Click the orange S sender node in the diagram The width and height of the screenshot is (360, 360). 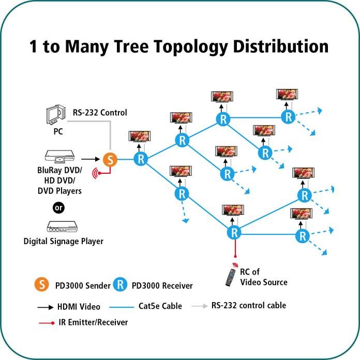click(x=110, y=159)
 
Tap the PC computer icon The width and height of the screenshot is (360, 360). click(x=56, y=114)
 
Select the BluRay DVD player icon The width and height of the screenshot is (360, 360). click(x=59, y=157)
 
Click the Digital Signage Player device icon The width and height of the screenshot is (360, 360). click(x=62, y=227)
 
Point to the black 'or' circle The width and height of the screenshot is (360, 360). click(x=58, y=207)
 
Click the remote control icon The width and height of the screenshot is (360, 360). click(x=231, y=277)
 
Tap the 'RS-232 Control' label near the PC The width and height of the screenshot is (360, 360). click(x=100, y=113)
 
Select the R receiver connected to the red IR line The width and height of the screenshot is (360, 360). click(x=234, y=233)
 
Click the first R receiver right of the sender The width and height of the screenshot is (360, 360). click(x=141, y=159)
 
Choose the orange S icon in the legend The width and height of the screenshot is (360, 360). click(x=41, y=284)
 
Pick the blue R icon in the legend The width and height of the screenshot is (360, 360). click(x=120, y=284)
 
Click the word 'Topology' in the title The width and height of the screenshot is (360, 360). click(x=190, y=47)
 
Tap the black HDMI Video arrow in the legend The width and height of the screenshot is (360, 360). click(x=46, y=307)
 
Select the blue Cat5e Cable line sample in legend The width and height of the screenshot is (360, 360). click(x=122, y=307)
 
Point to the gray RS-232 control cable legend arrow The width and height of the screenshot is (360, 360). click(x=200, y=306)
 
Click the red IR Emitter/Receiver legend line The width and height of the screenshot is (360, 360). click(x=47, y=323)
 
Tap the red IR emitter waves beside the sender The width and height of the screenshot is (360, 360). click(x=96, y=173)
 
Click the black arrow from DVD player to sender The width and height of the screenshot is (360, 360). click(x=91, y=159)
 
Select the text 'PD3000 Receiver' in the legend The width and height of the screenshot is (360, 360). click(x=162, y=286)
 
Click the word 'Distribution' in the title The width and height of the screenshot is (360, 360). click(x=280, y=47)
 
